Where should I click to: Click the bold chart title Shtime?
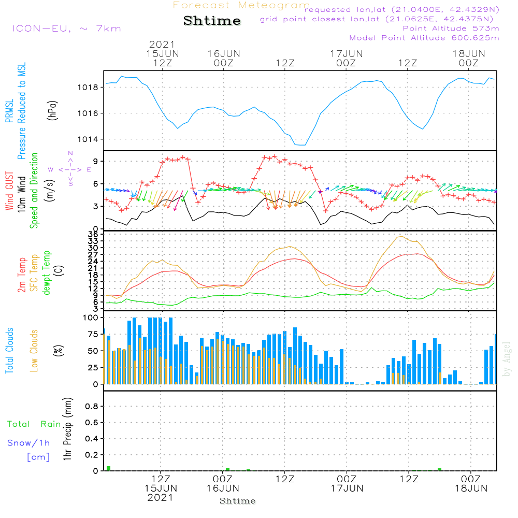point(212,21)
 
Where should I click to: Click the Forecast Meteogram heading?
point(241,5)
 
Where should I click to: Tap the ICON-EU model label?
point(66,28)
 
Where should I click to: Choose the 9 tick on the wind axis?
point(96,162)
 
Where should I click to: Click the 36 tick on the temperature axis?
point(94,234)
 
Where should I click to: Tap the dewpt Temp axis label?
point(47,273)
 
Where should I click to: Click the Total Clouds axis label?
point(10,350)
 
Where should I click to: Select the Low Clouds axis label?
point(35,350)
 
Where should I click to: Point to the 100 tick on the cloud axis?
point(90,318)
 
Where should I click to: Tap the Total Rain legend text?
point(34,424)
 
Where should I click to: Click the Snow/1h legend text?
point(29,443)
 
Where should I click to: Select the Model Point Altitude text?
point(424,38)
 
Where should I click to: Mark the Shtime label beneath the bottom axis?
point(238,501)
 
